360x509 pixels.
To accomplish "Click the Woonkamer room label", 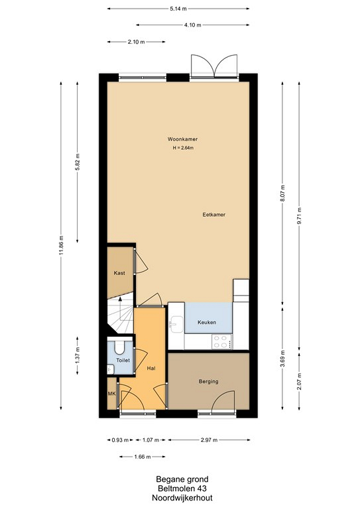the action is pos(182,139).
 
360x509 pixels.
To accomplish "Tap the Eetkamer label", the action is pos(214,215).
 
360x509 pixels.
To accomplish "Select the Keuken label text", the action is pos(207,322).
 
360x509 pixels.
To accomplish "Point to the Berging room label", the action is pos(208,382).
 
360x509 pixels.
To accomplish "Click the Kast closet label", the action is pos(119,273).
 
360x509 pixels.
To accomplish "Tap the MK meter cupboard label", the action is pos(111,394).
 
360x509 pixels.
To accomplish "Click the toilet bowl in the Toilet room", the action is pos(119,347).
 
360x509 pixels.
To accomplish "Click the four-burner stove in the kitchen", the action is pos(222,341).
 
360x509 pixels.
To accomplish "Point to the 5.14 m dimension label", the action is pos(178,9).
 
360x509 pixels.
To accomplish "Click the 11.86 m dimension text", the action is pos(61,245).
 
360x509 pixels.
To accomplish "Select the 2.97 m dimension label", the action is pos(209,440).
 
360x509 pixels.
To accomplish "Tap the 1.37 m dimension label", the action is pos(78,356).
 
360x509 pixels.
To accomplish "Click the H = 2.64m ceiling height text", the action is pos(183,148).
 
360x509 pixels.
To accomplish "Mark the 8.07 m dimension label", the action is pos(282,193).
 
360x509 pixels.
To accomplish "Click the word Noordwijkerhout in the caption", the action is pos(182,498).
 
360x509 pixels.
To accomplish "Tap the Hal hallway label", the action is pos(151,368).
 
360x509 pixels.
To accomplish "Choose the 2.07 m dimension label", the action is pos(299,382).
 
